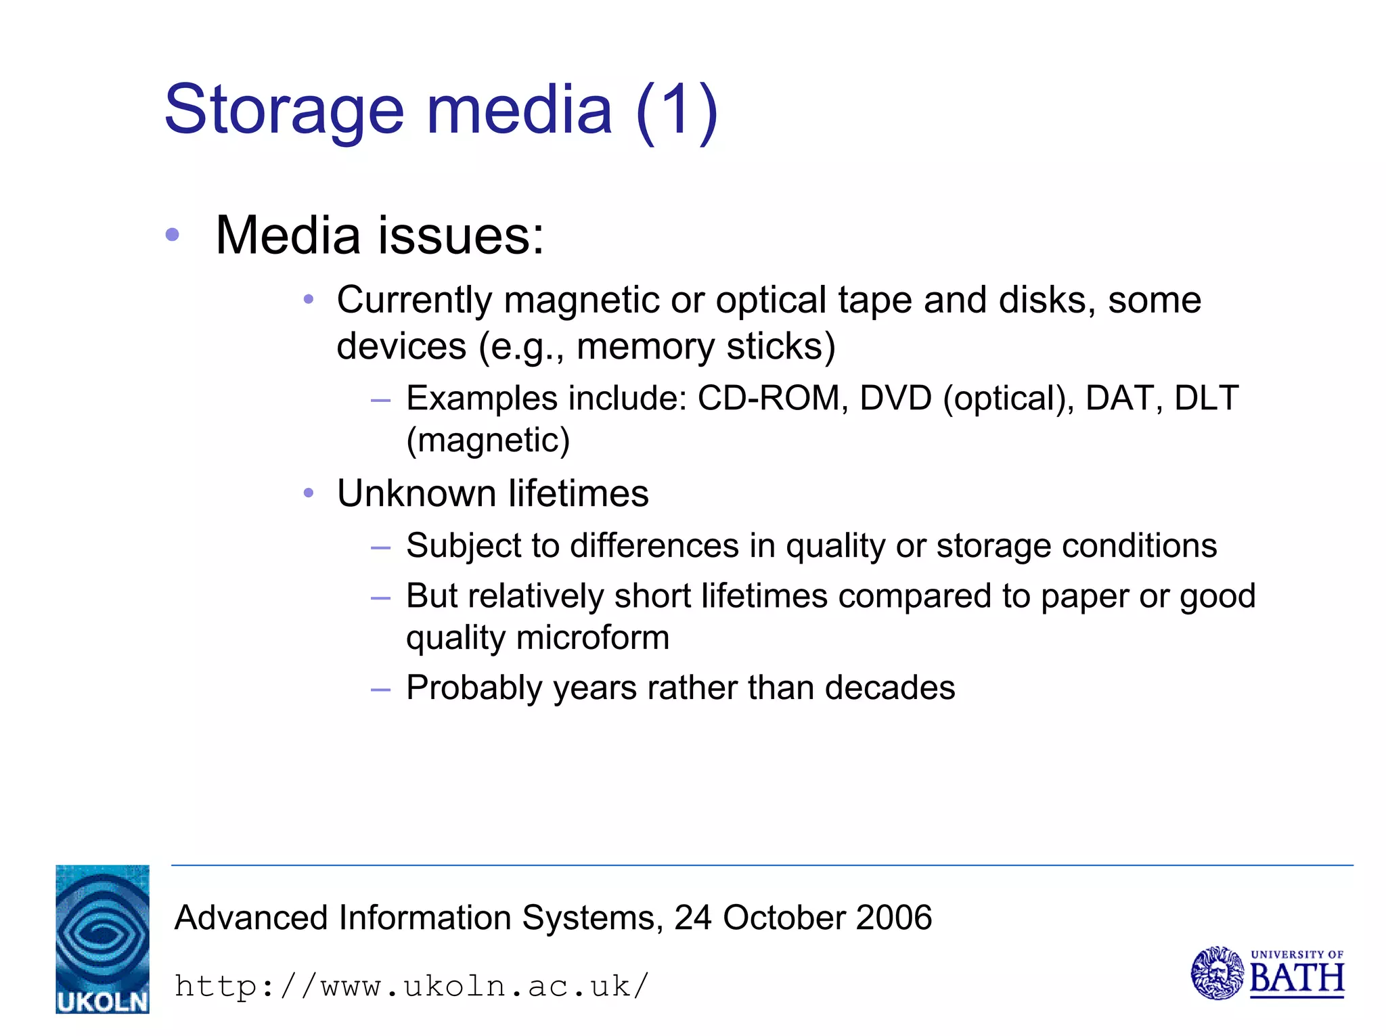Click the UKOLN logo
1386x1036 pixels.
click(x=102, y=939)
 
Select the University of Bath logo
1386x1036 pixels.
click(x=1267, y=973)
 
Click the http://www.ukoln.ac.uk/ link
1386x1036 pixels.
click(x=411, y=986)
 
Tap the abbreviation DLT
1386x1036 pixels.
click(x=1206, y=398)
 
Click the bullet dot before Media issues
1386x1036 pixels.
click(x=173, y=235)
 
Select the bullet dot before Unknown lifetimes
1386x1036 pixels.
click(x=309, y=493)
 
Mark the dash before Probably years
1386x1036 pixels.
click(x=381, y=690)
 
